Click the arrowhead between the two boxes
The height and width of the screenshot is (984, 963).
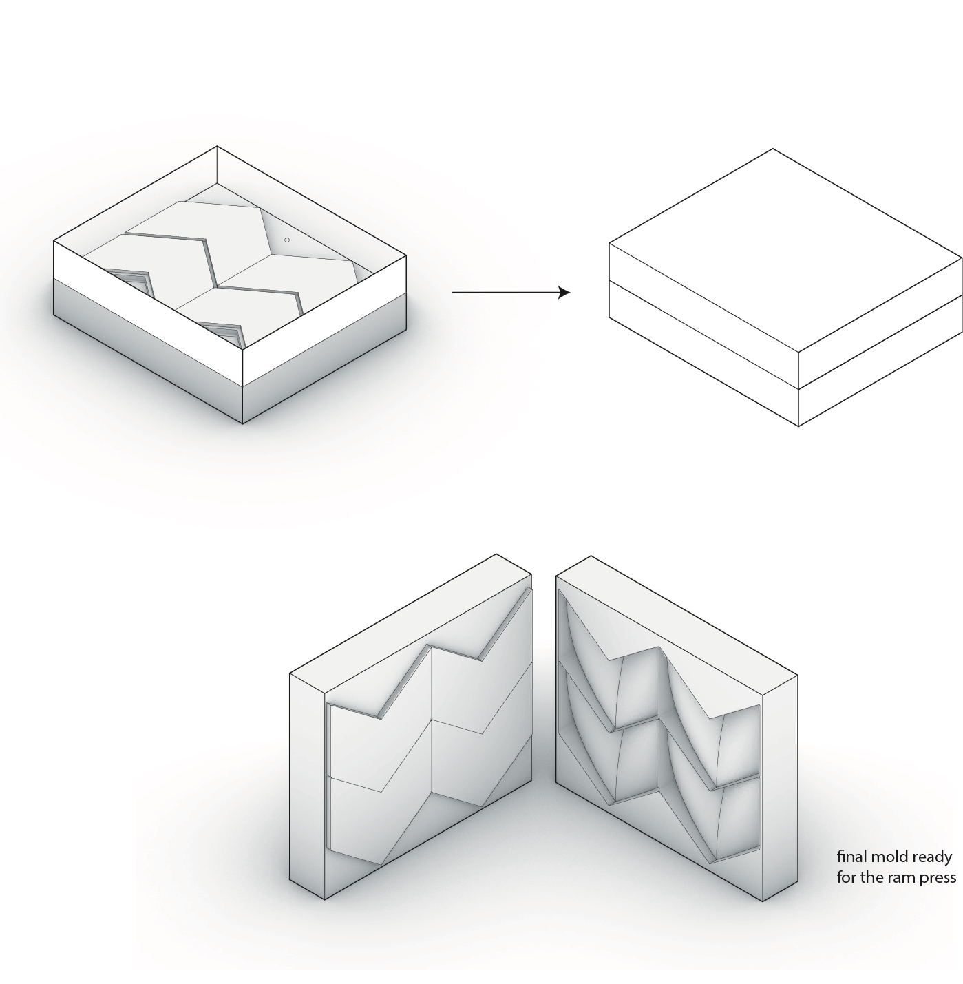coord(564,293)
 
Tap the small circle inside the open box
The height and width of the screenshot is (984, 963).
coord(287,240)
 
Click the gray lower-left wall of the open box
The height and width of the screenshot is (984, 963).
coord(148,350)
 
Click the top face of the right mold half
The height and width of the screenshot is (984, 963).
coord(677,625)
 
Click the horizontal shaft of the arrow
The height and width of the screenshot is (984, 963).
coord(505,293)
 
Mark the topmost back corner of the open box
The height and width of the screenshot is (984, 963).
coord(217,147)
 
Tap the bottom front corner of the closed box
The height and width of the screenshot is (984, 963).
coord(798,426)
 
